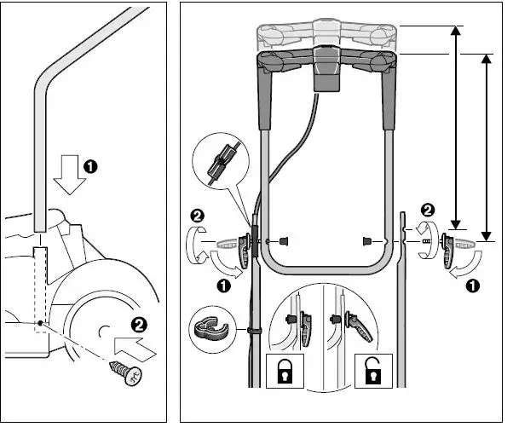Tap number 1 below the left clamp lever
[224, 287]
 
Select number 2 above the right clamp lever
[427, 209]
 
